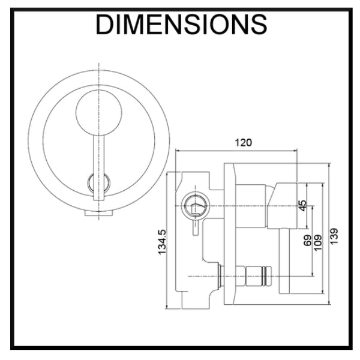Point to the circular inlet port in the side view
click(x=194, y=206)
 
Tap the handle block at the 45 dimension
click(x=282, y=204)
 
